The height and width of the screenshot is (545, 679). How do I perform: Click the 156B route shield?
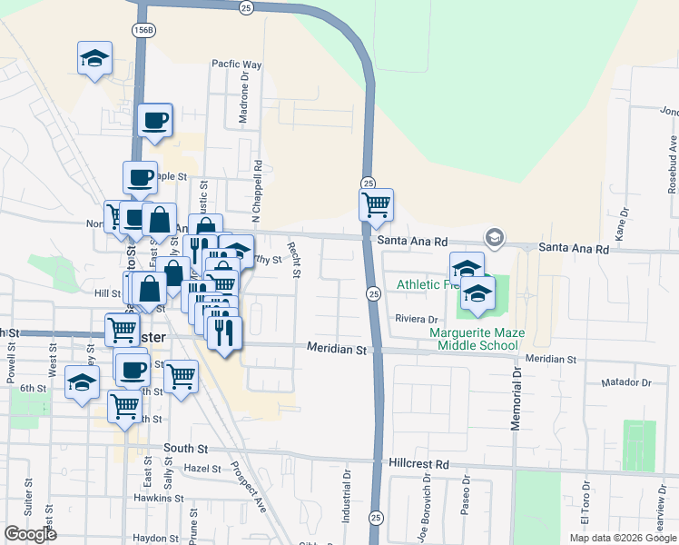(x=142, y=30)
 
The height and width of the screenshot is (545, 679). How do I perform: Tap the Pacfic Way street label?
(x=236, y=64)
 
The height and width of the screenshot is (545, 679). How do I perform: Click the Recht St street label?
(x=294, y=258)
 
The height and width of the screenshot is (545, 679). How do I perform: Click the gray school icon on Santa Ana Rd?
(x=494, y=238)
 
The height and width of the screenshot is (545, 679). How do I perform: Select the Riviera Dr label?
(x=417, y=319)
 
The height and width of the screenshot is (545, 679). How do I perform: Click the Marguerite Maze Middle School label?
(x=477, y=339)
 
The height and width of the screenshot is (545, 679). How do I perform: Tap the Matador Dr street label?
(x=626, y=382)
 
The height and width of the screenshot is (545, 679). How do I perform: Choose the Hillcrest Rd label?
(x=418, y=463)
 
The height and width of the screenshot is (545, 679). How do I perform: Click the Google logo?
(x=30, y=534)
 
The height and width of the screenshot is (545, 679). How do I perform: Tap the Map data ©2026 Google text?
(x=622, y=538)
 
